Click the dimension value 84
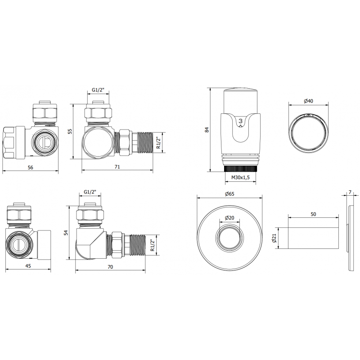tap(207, 130)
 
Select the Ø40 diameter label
tap(308, 100)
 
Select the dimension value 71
tap(117, 167)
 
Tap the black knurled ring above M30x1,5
tap(241, 169)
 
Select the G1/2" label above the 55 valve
tap(98, 90)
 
